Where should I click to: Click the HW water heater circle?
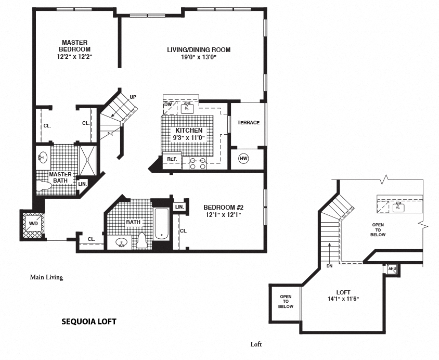click(243, 159)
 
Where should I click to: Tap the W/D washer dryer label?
click(33, 224)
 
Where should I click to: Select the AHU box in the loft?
click(392, 268)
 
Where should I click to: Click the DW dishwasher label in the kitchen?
click(168, 104)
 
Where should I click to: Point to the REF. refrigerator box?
click(172, 159)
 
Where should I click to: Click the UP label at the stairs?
click(133, 97)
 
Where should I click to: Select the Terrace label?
click(248, 123)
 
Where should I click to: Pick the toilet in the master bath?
click(44, 185)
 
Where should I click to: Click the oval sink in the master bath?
click(43, 156)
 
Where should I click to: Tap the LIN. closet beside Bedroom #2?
click(179, 207)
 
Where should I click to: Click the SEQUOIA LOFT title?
click(89, 322)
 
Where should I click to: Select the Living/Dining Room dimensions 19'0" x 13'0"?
click(198, 58)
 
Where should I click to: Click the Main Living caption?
click(46, 277)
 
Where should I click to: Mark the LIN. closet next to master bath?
click(82, 184)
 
